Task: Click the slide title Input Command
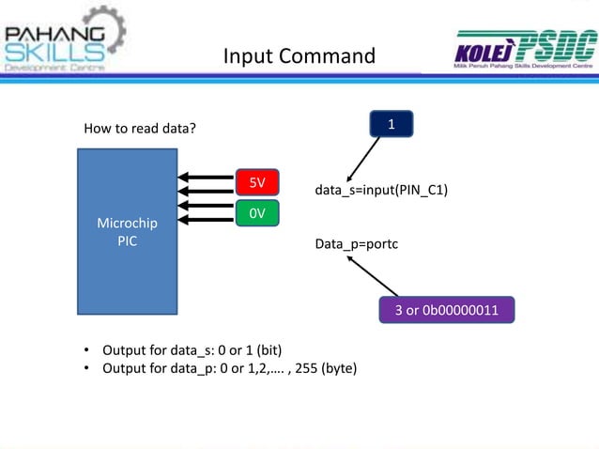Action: pos(299,57)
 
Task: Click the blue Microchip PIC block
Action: pos(127,230)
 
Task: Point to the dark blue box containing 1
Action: pos(392,124)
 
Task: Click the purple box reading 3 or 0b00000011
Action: pos(446,311)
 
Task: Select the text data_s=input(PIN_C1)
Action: pos(381,192)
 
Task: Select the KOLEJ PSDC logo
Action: pos(523,50)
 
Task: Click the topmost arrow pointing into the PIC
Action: pos(206,176)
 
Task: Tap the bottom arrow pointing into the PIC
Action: pos(206,220)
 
